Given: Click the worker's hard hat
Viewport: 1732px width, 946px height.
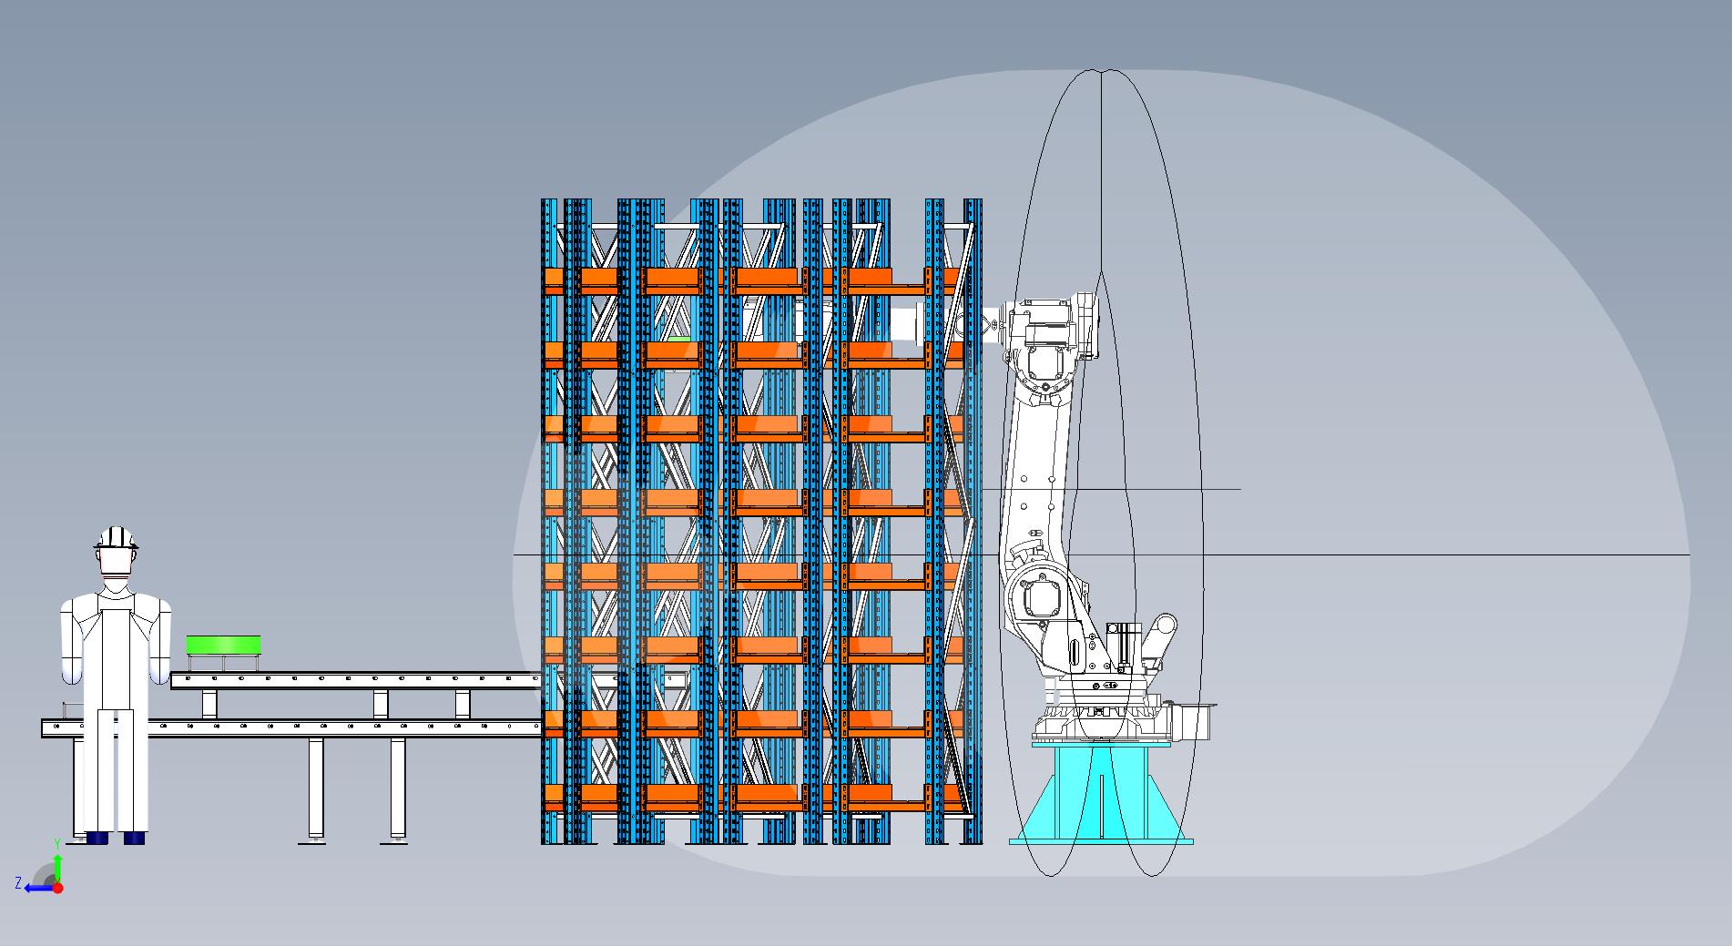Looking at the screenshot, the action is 117,537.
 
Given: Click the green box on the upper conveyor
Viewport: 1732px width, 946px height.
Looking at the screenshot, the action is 223,645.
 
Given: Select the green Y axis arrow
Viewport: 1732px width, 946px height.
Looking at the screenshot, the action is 57,866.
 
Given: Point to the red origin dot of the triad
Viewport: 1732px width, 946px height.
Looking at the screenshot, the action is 57,888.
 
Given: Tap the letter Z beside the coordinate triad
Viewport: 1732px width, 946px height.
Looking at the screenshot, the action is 18,882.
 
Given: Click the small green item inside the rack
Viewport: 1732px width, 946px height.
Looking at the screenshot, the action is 678,340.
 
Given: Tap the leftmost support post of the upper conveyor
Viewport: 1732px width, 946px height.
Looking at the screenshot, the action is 209,704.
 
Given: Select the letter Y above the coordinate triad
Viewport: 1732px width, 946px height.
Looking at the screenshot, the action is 57,844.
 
